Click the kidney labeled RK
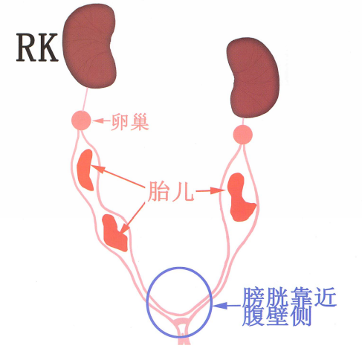click(x=89, y=46)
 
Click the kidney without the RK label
click(x=253, y=77)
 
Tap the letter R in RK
click(x=26, y=48)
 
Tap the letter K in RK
click(x=48, y=48)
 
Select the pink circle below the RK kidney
click(x=81, y=120)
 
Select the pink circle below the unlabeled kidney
click(x=243, y=135)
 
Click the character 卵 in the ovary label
click(x=120, y=122)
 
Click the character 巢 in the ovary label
click(x=140, y=122)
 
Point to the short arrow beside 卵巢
click(x=101, y=120)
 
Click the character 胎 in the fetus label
click(x=158, y=191)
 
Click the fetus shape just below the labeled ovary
click(x=85, y=170)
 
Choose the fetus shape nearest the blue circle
click(x=114, y=233)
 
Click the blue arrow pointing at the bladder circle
click(x=227, y=306)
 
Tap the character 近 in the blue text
click(x=325, y=297)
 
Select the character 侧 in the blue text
click(x=301, y=316)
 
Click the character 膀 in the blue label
click(x=253, y=298)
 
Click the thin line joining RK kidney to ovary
click(x=85, y=100)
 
